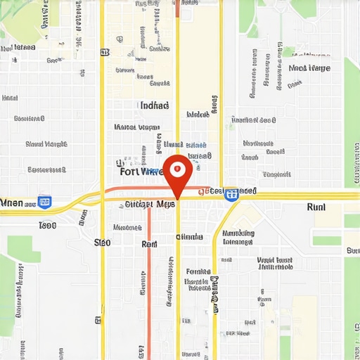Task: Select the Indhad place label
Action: click(155, 105)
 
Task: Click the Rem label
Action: click(149, 244)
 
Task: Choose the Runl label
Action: click(316, 207)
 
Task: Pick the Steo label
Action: click(102, 243)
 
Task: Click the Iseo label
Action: click(47, 226)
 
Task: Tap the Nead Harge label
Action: click(309, 68)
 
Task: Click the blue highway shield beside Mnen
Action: click(44, 202)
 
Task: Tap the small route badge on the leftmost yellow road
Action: click(105, 52)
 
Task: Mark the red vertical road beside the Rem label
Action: click(149, 281)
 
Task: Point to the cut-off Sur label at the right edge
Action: click(352, 250)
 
